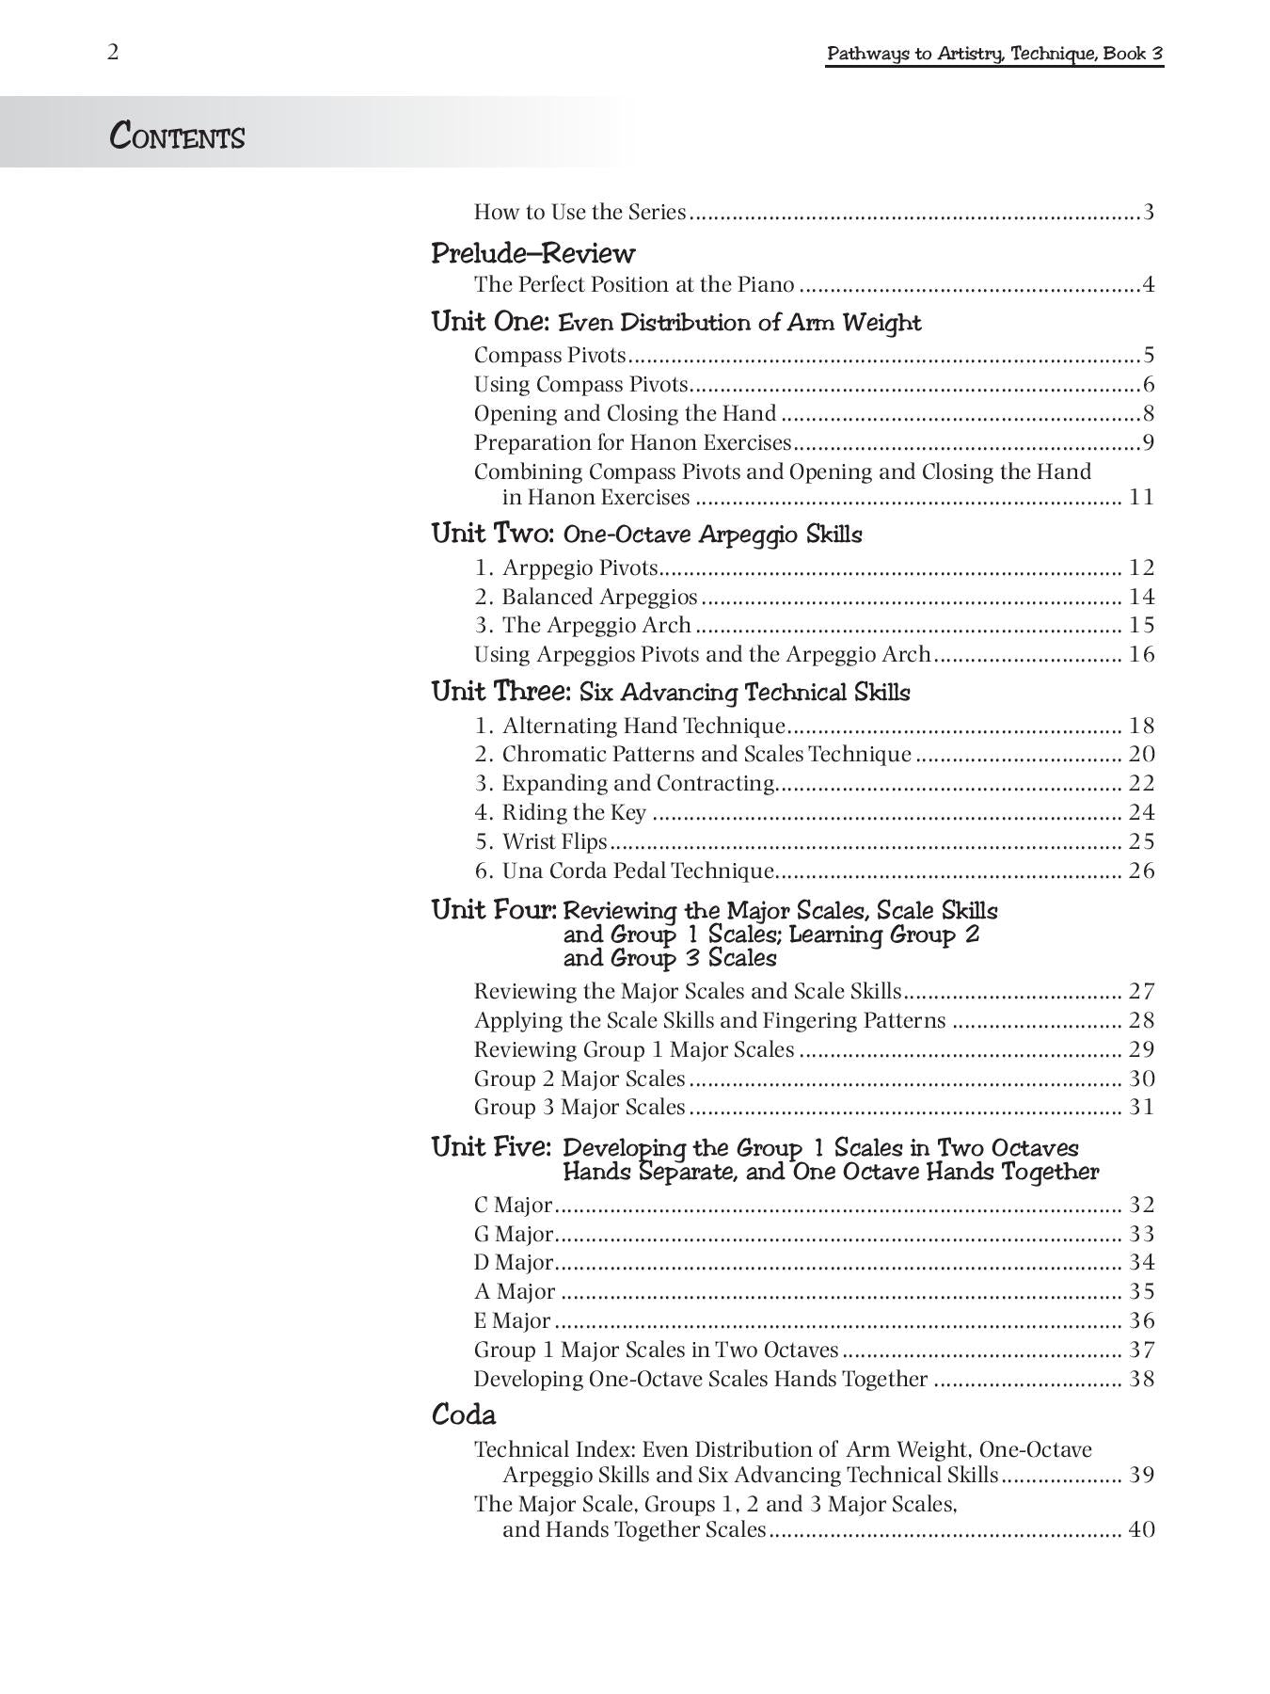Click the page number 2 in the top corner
(113, 52)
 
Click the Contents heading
(177, 136)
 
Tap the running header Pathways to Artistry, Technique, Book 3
(994, 54)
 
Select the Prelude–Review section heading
(532, 253)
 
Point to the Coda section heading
(463, 1414)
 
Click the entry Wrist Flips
(554, 841)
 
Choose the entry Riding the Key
(574, 812)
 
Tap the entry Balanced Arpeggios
(599, 597)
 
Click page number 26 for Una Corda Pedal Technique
(1141, 871)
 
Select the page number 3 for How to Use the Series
(1149, 212)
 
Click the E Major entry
(512, 1320)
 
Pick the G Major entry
(514, 1234)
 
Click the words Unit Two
(492, 534)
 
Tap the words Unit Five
(491, 1147)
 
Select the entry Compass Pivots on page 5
(549, 356)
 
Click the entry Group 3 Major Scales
(579, 1107)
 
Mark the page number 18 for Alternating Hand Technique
(1141, 726)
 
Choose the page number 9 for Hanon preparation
(1149, 442)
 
